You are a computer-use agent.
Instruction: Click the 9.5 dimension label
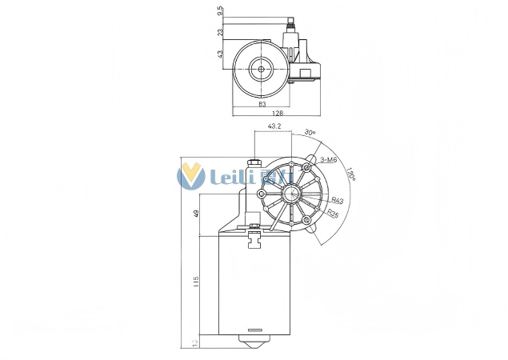point(220,12)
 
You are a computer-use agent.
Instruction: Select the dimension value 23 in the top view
point(220,33)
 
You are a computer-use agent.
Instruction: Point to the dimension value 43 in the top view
point(220,54)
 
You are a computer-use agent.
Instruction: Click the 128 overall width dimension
point(278,114)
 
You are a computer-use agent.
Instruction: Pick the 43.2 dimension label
point(274,126)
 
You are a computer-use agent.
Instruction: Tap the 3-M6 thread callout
point(328,160)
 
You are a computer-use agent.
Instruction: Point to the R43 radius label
point(337,201)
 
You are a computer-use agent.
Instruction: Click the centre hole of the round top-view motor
point(261,70)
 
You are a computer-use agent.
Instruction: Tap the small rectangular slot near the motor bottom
point(255,330)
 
